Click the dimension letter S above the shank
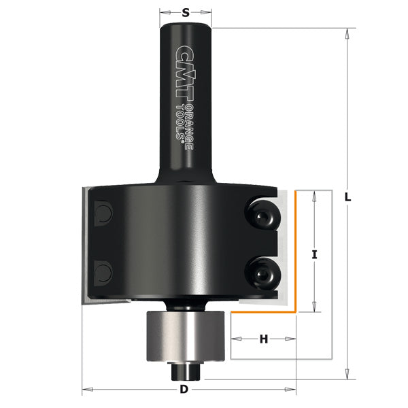186,12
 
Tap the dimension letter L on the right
347,197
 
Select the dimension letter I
314,255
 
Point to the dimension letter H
264,338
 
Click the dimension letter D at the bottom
184,390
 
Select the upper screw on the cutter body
262,215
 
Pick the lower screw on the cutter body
262,272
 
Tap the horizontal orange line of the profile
262,312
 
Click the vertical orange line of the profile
296,252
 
